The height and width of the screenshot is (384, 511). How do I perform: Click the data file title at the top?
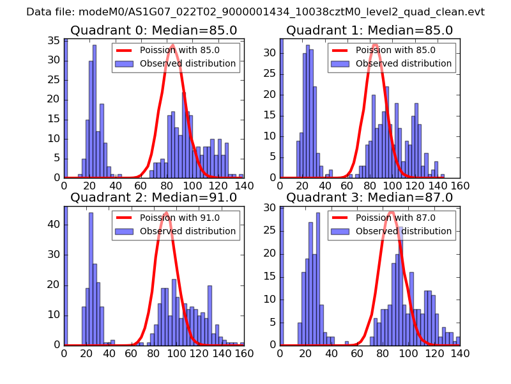pyautogui.click(x=256, y=12)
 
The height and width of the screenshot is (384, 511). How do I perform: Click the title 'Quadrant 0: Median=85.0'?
pyautogui.click(x=154, y=31)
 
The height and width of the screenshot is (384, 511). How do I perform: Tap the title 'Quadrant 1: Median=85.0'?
pyautogui.click(x=370, y=31)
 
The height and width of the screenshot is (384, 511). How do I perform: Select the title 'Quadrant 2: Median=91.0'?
pyautogui.click(x=154, y=198)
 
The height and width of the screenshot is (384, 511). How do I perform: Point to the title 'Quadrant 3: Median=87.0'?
pyautogui.click(x=370, y=198)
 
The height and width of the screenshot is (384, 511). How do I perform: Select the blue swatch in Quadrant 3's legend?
pyautogui.click(x=340, y=231)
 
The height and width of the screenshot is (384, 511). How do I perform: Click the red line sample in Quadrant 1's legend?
pyautogui.click(x=340, y=50)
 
